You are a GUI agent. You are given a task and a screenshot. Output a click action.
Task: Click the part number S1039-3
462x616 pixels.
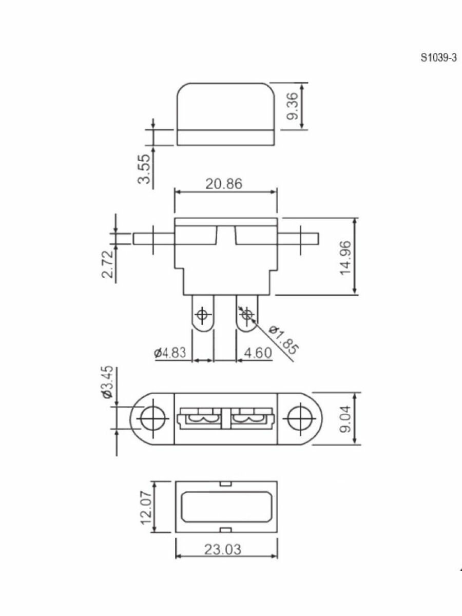(438, 58)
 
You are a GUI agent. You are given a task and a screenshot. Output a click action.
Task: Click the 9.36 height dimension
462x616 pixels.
(292, 106)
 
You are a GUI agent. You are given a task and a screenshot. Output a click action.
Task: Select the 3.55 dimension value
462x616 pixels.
(144, 169)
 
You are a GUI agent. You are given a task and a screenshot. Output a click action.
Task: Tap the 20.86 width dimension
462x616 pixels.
(224, 184)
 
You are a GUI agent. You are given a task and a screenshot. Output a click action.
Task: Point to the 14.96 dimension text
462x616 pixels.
(345, 258)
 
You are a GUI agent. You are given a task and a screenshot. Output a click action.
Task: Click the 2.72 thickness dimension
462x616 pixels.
(107, 264)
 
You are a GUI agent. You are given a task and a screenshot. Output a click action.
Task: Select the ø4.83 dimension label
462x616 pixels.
(170, 353)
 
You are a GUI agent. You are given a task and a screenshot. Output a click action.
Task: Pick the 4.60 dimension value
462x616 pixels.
(258, 353)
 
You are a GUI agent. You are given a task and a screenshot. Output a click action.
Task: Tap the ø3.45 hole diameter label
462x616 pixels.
(108, 382)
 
